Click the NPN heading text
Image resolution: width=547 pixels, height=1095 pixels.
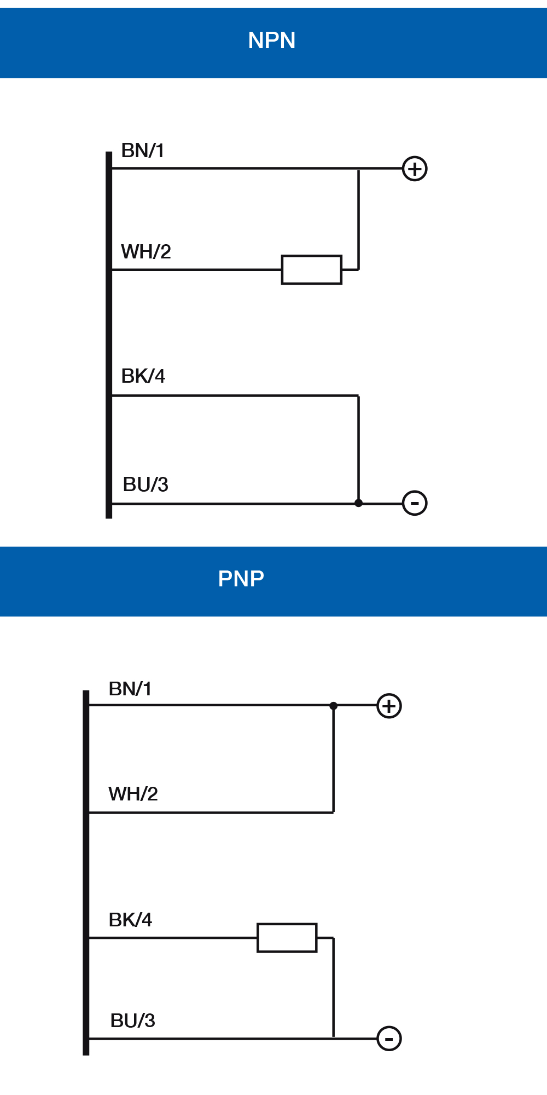click(272, 41)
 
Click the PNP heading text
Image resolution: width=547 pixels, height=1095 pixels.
click(241, 579)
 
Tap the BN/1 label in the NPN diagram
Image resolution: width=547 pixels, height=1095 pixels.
click(143, 151)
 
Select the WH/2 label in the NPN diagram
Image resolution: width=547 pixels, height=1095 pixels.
click(146, 252)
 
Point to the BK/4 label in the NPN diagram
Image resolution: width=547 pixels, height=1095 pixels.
click(143, 376)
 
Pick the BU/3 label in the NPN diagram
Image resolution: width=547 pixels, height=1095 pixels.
click(146, 485)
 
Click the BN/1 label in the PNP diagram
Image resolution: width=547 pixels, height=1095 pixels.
click(130, 689)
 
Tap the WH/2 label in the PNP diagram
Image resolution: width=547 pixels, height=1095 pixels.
click(133, 794)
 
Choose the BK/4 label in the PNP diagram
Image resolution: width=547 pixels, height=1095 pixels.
click(130, 920)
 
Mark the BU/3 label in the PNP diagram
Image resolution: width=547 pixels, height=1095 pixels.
click(133, 1021)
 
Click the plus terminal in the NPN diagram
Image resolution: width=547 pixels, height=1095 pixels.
click(415, 169)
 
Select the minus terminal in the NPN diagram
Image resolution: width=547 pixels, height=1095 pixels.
click(415, 503)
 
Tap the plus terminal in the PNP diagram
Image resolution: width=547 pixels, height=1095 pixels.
click(389, 706)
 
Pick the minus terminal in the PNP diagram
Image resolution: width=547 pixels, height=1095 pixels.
click(389, 1039)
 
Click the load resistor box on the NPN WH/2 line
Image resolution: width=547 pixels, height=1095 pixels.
click(312, 269)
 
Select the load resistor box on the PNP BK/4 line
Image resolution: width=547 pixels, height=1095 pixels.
click(287, 938)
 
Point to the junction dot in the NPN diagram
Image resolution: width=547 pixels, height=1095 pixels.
click(358, 503)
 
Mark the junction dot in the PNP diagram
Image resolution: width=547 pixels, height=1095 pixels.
click(334, 706)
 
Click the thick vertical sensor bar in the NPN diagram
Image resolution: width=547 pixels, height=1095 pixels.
click(109, 334)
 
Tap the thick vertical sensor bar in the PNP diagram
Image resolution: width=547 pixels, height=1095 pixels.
click(86, 872)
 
